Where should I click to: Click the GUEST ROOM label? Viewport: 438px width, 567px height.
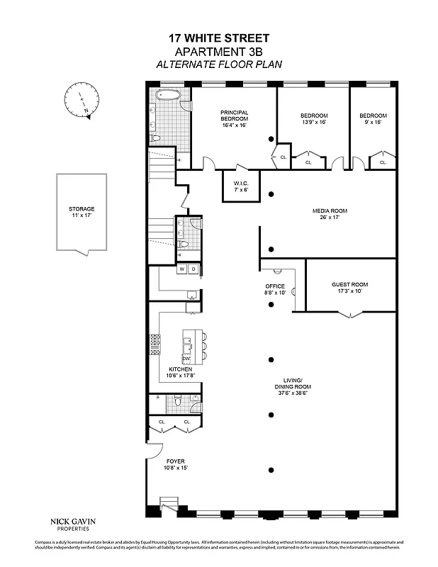coord(349,288)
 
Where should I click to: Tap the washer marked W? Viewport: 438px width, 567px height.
coord(182,269)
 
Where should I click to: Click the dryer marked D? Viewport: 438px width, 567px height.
coord(193,269)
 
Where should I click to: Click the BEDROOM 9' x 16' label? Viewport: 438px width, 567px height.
coord(372,119)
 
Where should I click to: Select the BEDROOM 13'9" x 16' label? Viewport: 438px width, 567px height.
coord(313,119)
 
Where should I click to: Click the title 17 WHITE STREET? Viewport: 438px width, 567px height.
coord(218,38)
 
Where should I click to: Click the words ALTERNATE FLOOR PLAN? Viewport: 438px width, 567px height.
coord(218,64)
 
